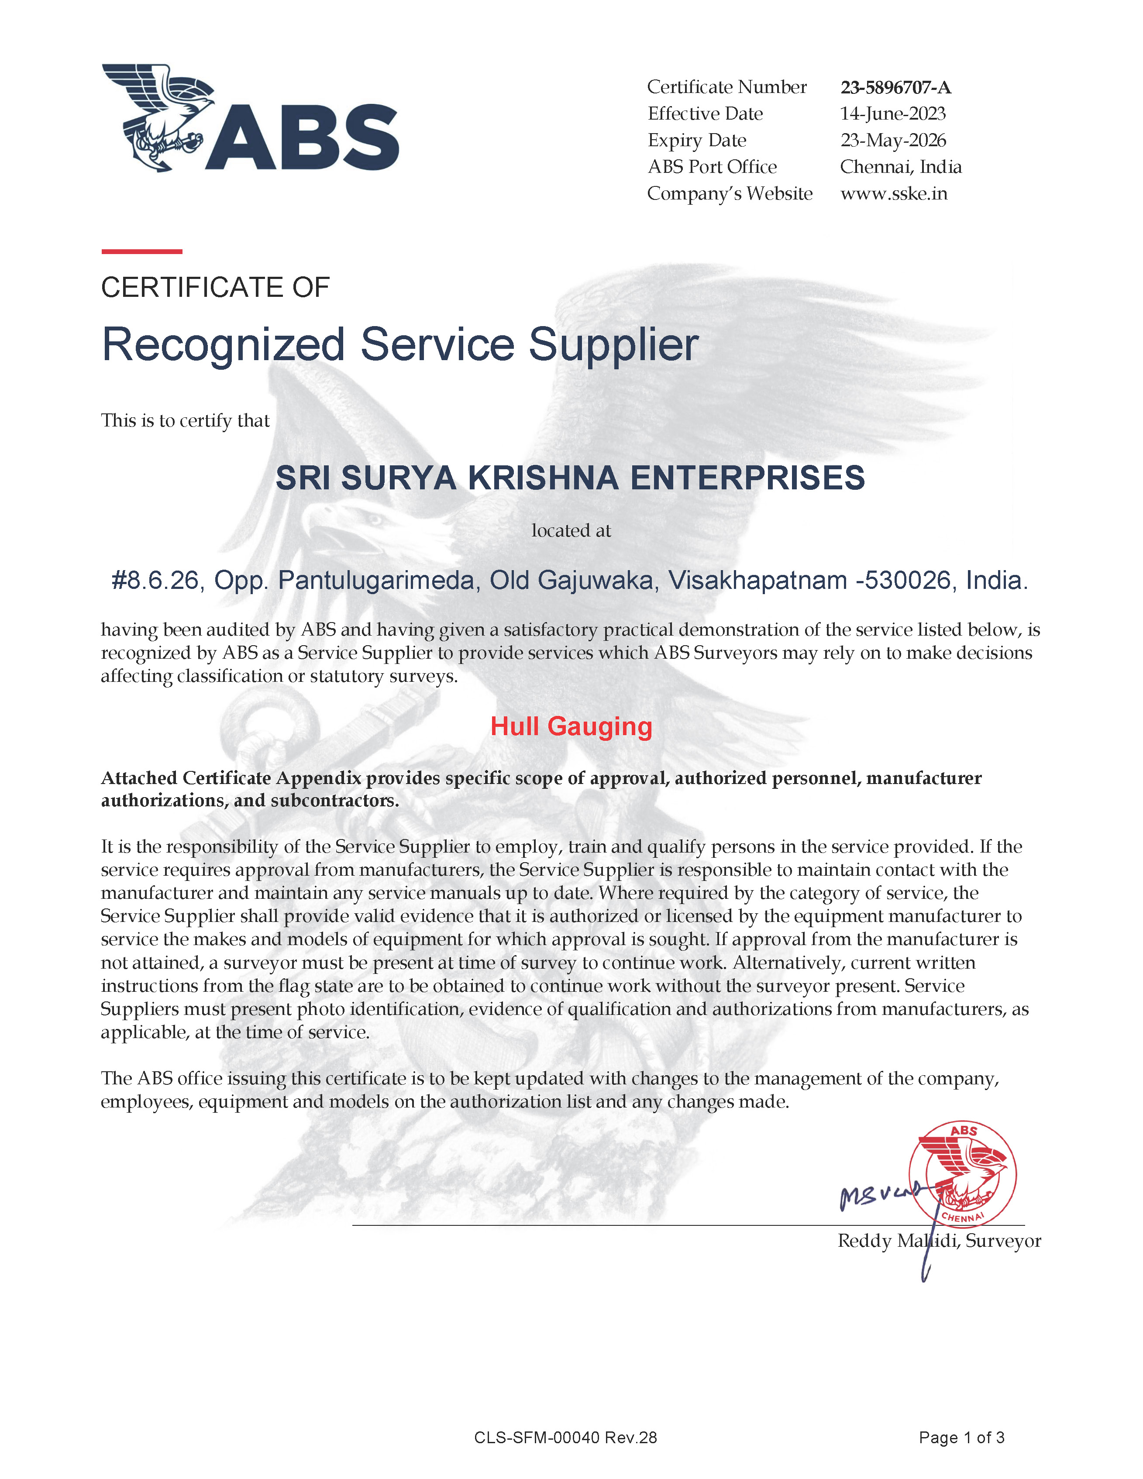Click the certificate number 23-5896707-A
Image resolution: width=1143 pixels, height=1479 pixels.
tap(895, 87)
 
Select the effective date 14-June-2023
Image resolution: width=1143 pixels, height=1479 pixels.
tap(892, 114)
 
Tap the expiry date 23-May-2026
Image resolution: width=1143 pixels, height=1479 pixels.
tap(892, 140)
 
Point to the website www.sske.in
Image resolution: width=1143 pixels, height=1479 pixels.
tap(893, 194)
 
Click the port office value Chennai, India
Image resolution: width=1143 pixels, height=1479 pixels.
tap(901, 167)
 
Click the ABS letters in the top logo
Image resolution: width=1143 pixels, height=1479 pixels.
tap(302, 138)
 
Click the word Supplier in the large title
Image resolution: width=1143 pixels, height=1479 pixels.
tap(613, 345)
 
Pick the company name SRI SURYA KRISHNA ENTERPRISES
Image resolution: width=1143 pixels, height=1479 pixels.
tap(570, 478)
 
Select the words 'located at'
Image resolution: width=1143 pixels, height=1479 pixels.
tap(571, 531)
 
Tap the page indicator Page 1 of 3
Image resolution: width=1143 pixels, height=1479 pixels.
tap(961, 1438)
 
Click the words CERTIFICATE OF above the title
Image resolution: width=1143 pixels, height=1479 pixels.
tap(215, 288)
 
